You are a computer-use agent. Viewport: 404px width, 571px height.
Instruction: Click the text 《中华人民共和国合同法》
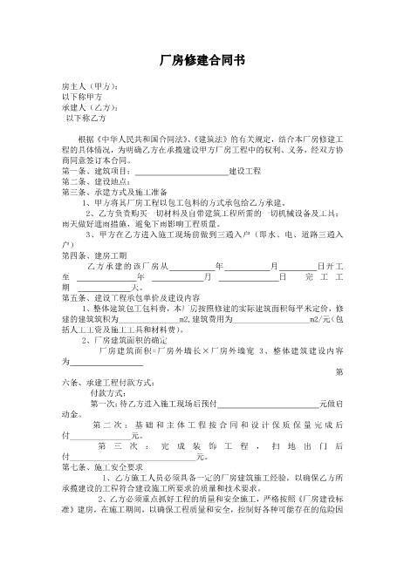point(132,139)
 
